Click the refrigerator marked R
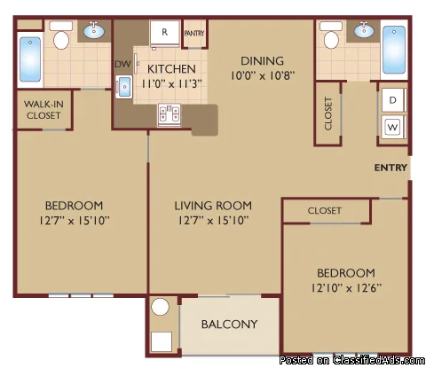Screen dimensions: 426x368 (x=164, y=33)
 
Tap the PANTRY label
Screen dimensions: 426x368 (x=194, y=34)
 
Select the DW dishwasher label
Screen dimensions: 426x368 (x=122, y=64)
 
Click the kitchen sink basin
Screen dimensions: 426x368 (x=124, y=87)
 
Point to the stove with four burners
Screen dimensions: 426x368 (x=170, y=114)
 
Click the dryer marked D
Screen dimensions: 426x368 (x=392, y=100)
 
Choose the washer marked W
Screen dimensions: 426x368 (x=392, y=127)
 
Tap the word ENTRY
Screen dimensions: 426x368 (x=390, y=168)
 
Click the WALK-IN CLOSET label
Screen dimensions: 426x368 (x=43, y=110)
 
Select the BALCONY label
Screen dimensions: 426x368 (x=230, y=325)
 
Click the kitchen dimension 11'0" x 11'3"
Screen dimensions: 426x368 (x=171, y=84)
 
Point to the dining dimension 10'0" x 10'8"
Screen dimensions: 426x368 (x=263, y=75)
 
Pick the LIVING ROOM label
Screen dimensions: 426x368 (x=213, y=206)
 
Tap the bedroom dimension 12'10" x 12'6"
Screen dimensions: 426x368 (x=346, y=287)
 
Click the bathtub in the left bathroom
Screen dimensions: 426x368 (x=30, y=59)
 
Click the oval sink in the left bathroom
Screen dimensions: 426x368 (x=94, y=30)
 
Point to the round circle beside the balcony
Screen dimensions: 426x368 (x=160, y=307)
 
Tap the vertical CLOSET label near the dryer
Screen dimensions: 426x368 (x=328, y=114)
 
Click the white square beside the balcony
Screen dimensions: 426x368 (x=162, y=341)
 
